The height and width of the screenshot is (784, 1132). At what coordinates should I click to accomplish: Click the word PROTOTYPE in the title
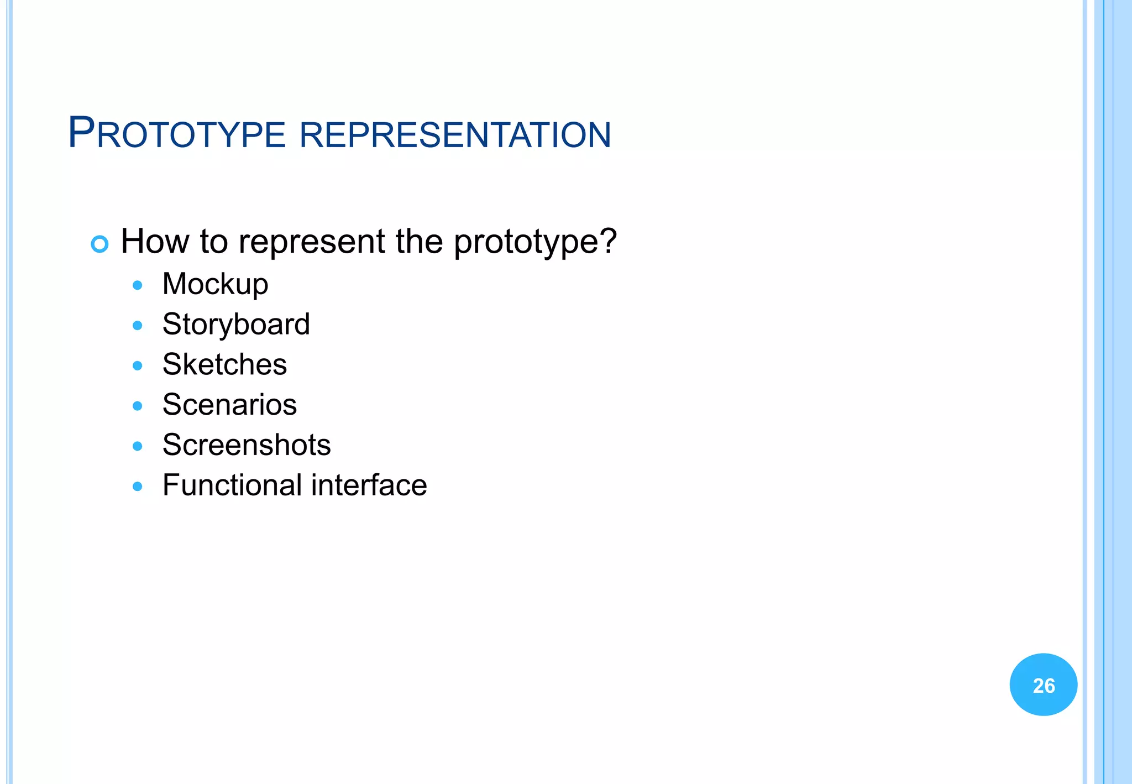coord(177,133)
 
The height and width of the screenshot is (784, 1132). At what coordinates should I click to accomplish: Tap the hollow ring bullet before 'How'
coord(99,244)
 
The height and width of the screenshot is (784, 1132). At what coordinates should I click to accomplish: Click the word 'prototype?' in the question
coord(534,243)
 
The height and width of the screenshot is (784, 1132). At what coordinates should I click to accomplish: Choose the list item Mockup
coord(215,285)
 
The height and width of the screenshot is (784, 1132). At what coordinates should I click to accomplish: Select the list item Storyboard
coord(236,325)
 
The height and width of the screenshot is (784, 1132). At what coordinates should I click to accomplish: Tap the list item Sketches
coord(224,364)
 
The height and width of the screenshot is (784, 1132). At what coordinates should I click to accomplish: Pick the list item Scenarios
coord(229,405)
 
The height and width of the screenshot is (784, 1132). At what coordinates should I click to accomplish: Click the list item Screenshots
coord(247,445)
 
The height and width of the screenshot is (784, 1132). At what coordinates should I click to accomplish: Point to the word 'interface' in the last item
coord(369,485)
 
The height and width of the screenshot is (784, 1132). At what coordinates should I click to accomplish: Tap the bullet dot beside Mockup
coord(138,285)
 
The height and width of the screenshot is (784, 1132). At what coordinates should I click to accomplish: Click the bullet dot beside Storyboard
coord(138,326)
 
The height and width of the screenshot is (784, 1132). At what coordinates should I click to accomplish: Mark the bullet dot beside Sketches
coord(138,365)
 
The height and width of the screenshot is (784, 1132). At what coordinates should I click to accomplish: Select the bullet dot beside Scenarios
coord(138,406)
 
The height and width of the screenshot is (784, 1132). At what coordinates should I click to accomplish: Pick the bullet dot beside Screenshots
coord(138,446)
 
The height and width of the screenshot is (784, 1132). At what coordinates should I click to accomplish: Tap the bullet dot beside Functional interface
coord(138,487)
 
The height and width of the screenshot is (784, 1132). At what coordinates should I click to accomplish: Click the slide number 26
coord(1044,686)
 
